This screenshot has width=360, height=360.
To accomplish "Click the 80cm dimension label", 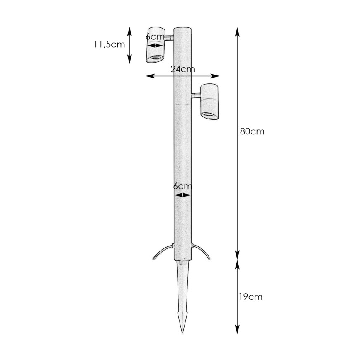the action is [x=252, y=131].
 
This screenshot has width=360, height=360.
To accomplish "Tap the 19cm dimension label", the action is [x=251, y=297].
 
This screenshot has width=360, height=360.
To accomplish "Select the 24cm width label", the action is [x=182, y=69].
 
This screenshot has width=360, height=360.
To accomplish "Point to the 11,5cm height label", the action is [x=109, y=44].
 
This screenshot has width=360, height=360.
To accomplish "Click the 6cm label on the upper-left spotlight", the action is [x=155, y=37].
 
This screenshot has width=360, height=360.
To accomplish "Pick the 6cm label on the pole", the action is [x=182, y=186].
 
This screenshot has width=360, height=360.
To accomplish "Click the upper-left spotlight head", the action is [x=156, y=45].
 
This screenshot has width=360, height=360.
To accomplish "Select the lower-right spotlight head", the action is [x=209, y=102].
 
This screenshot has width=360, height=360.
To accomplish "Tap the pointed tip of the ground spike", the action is [x=182, y=333].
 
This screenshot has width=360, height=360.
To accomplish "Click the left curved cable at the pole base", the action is [x=161, y=250].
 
